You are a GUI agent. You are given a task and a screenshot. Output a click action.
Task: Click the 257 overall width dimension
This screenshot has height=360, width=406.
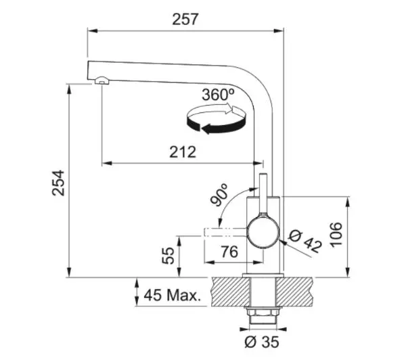click(185, 20)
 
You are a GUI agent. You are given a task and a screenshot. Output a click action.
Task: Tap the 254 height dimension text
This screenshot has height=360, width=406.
click(58, 183)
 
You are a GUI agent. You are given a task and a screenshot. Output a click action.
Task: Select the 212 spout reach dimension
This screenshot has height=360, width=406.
click(183, 152)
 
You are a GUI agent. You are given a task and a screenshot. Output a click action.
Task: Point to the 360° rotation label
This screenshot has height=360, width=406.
click(219, 95)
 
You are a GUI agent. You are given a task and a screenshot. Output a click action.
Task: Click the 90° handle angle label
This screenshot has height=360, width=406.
click(219, 195)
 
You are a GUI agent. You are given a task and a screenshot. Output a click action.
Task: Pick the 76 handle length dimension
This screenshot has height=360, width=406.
click(229, 252)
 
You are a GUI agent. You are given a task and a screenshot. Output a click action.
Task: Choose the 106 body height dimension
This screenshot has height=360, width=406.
click(336, 235)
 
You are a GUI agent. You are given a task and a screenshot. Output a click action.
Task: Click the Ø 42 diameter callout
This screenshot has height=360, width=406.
click(305, 242)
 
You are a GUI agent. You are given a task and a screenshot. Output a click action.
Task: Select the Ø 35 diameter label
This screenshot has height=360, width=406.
click(262, 342)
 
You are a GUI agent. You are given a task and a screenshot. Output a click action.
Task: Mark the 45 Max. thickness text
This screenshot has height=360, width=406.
click(173, 295)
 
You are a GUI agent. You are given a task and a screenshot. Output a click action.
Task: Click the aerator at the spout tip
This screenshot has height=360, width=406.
click(102, 80)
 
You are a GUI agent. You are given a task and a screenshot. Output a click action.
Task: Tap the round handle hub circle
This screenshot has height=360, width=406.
click(263, 232)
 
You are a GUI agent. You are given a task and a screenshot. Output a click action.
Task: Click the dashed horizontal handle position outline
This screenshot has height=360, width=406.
click(225, 232)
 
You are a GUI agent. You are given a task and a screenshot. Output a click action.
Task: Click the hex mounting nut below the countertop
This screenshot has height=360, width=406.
click(263, 311)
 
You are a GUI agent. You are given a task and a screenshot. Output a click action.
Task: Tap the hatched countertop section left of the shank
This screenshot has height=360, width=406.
click(231, 292)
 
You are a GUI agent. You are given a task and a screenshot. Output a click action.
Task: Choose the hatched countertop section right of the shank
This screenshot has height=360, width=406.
click(294, 292)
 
